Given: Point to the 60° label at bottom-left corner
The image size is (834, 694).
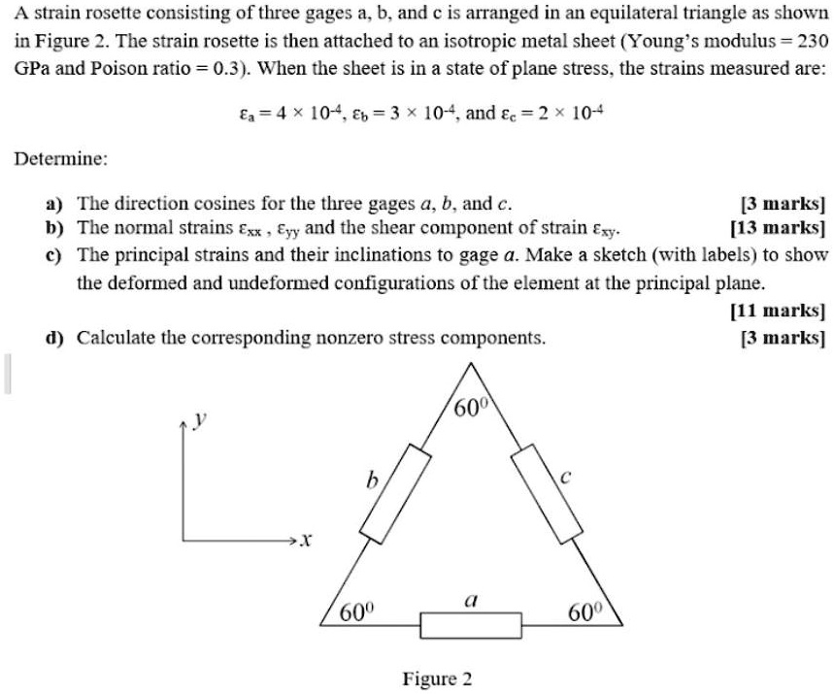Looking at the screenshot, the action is pyautogui.click(x=355, y=613).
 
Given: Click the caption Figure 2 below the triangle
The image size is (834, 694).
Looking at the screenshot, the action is pyautogui.click(x=437, y=677).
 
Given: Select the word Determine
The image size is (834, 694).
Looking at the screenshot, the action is pyautogui.click(x=61, y=157).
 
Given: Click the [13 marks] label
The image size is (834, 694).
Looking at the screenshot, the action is pyautogui.click(x=778, y=228).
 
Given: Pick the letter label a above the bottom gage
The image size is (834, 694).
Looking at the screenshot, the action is pyautogui.click(x=468, y=601).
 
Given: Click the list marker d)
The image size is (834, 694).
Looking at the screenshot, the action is pyautogui.click(x=55, y=338).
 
